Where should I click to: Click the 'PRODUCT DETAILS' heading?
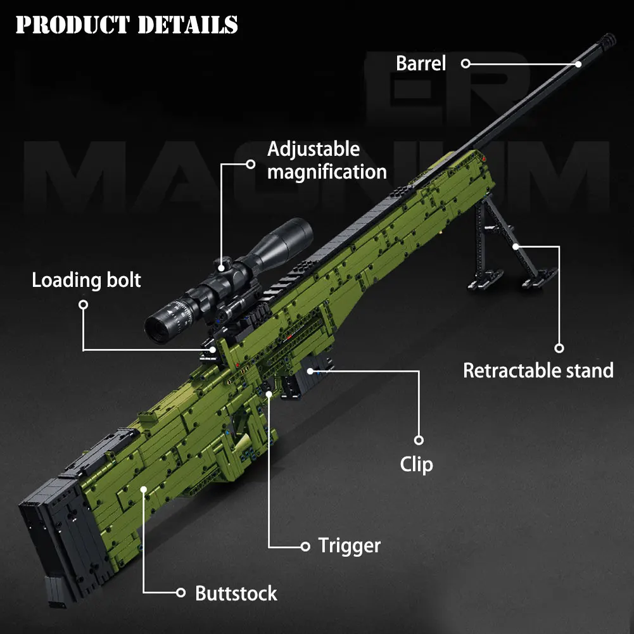[127, 25]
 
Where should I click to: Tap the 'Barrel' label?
[421, 63]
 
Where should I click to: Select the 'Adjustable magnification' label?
[326, 161]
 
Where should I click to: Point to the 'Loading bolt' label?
[87, 280]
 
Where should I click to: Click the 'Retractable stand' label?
[538, 371]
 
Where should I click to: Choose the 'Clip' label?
[417, 464]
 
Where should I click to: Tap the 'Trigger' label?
[349, 545]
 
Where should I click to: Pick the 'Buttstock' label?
[236, 593]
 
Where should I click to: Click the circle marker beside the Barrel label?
[466, 63]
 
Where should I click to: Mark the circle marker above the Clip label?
[418, 440]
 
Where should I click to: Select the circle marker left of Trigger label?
[305, 546]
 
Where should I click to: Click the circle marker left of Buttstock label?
[181, 593]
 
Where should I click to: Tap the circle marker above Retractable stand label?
[559, 348]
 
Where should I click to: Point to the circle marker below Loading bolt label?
[83, 305]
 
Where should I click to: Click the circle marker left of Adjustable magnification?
[250, 163]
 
